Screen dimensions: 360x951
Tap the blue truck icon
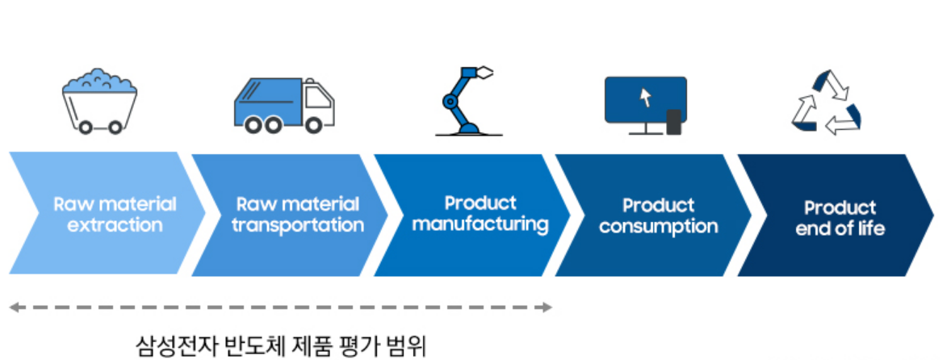(x=283, y=106)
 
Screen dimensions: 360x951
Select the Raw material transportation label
(x=298, y=214)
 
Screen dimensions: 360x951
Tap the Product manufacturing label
(x=480, y=213)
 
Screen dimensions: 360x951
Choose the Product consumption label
(x=658, y=216)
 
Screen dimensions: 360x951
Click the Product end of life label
(x=840, y=218)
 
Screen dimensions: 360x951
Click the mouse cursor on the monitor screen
(x=645, y=98)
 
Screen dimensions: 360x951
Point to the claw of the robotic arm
(x=484, y=73)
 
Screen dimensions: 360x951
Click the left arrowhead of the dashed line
(x=14, y=307)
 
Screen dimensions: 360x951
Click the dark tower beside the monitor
(x=674, y=122)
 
